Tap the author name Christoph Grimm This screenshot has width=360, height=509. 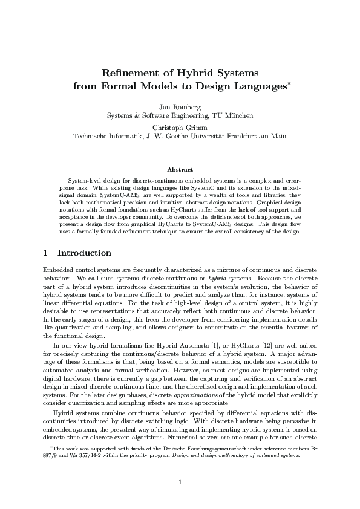[180, 128]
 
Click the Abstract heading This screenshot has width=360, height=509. [180, 170]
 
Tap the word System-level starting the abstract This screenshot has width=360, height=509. [85, 181]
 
